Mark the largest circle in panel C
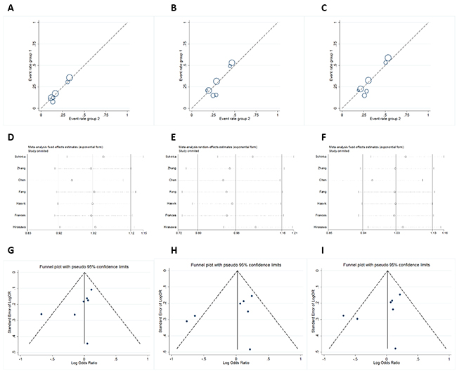pyautogui.click(x=388, y=59)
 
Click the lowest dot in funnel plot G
pyautogui.click(x=87, y=343)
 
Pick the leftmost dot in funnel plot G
pyautogui.click(x=41, y=313)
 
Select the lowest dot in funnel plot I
pyautogui.click(x=395, y=348)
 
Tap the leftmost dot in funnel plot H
pyautogui.click(x=187, y=321)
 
